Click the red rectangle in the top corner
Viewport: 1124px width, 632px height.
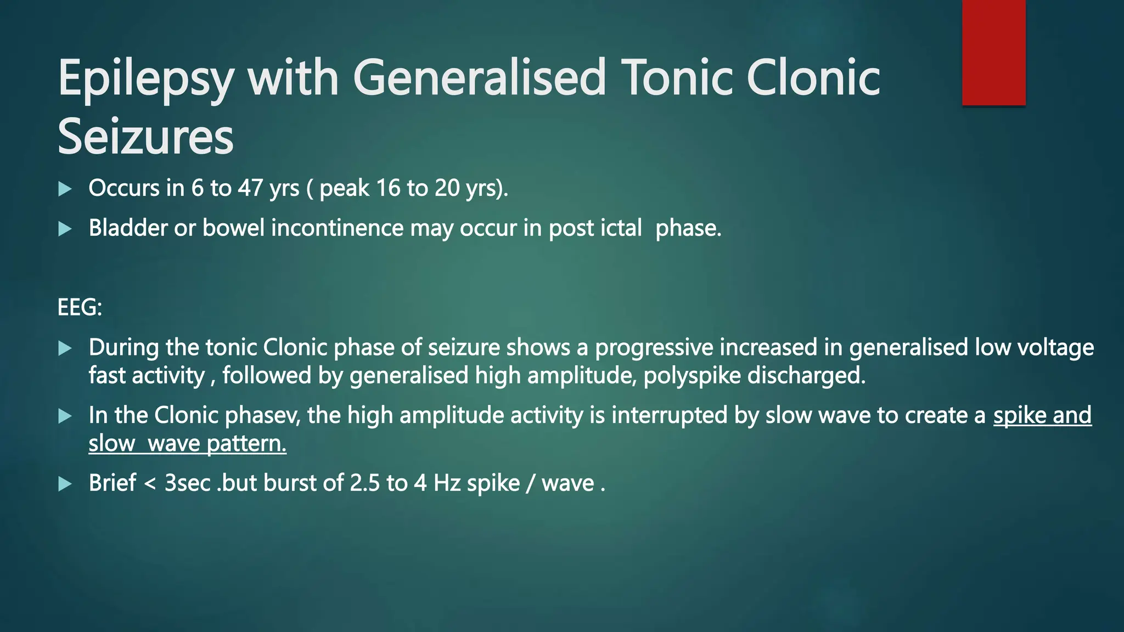pyautogui.click(x=993, y=53)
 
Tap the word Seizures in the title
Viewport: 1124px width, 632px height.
pyautogui.click(x=145, y=137)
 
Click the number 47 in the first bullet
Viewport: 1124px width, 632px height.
pyautogui.click(x=250, y=188)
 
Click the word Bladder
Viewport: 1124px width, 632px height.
pyautogui.click(x=128, y=228)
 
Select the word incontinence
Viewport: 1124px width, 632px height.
pyautogui.click(x=337, y=228)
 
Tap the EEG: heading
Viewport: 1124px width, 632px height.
pyautogui.click(x=80, y=307)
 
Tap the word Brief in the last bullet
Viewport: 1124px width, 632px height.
pyautogui.click(x=113, y=483)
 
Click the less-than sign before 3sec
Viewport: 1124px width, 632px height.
pyautogui.click(x=150, y=484)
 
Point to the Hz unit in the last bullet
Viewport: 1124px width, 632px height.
pyautogui.click(x=447, y=483)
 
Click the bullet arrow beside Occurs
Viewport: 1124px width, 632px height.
pyautogui.click(x=65, y=189)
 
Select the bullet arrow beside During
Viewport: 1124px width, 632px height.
pyautogui.click(x=65, y=348)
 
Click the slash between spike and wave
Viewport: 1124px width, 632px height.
pyautogui.click(x=530, y=483)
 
